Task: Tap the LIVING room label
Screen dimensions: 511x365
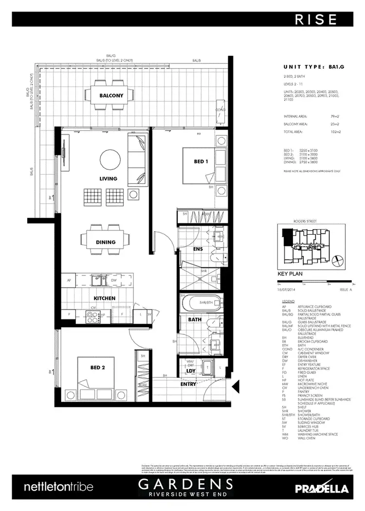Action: point(108,179)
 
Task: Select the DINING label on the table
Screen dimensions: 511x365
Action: point(106,242)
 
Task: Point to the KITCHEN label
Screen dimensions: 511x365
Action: point(104,298)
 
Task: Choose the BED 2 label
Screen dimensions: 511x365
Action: point(98,368)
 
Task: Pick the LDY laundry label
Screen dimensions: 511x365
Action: point(191,372)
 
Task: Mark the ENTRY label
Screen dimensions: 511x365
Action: point(188,384)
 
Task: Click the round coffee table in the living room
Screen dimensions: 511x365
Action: point(109,158)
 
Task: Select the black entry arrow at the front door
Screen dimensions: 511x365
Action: point(236,387)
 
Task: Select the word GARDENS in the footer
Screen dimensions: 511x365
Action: point(185,484)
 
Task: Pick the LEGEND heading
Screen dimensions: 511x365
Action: point(288,302)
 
